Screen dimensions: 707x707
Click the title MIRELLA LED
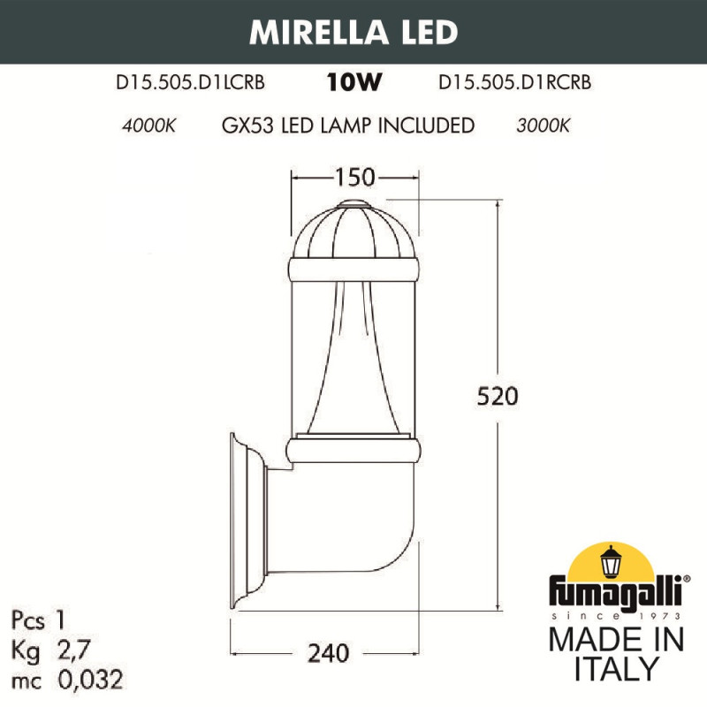pos(353,31)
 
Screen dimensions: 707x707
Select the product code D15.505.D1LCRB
pos(191,83)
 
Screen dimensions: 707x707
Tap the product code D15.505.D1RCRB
pos(514,83)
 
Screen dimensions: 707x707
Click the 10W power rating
pos(353,83)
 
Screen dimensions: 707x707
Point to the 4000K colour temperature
pos(148,125)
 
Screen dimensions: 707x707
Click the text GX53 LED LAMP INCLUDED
pos(347,125)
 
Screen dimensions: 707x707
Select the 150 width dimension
pos(353,179)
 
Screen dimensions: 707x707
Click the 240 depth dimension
pos(330,653)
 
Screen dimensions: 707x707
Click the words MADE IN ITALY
pos(616,654)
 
